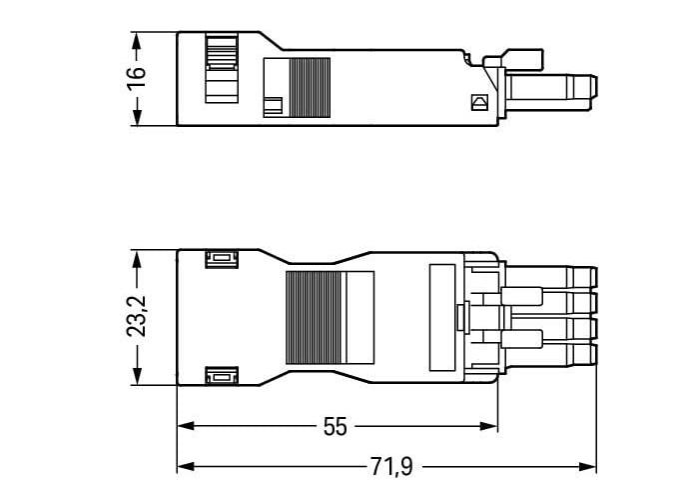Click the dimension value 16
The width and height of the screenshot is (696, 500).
pos(137,79)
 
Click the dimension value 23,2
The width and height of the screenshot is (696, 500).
pos(137,316)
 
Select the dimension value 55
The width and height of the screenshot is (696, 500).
pos(336,427)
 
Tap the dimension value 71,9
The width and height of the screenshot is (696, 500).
pos(392,467)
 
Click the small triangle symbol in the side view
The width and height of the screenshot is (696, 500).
pos(479,103)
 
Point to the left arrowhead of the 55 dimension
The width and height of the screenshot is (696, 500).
pos(186,426)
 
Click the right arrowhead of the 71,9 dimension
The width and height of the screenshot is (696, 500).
pos(588,467)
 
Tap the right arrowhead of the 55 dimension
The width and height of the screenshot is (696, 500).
pos(489,426)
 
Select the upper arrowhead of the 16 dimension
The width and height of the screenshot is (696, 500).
pos(137,41)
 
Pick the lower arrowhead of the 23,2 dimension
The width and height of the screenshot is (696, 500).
pos(137,376)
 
